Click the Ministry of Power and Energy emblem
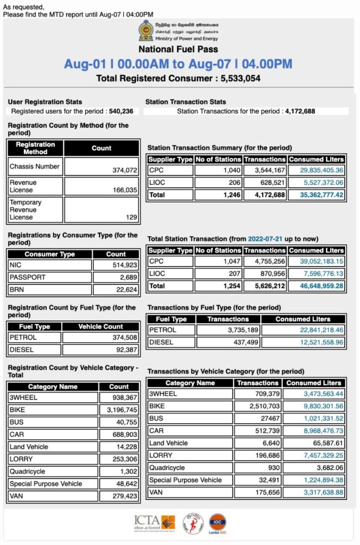tap(145, 31)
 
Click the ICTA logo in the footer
tap(154, 524)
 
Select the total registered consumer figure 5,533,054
tap(234, 78)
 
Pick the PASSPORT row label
tap(27, 277)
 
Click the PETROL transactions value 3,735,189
tap(241, 330)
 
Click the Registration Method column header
tap(35, 148)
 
